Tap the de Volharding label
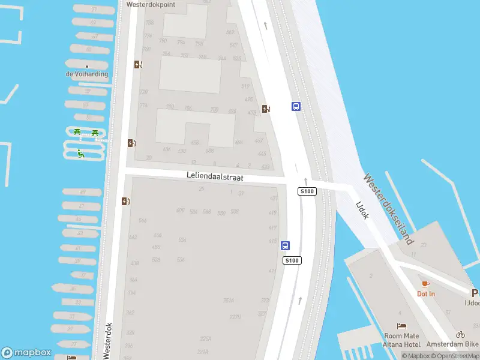click(87, 74)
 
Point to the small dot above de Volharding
click(87, 66)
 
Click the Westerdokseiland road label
click(389, 209)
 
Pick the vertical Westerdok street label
click(109, 340)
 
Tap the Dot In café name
click(426, 293)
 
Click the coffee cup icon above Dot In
click(425, 284)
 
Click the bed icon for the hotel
click(401, 326)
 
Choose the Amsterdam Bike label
click(452, 344)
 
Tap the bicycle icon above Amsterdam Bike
click(460, 334)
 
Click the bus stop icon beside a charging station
click(296, 107)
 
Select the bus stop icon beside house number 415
click(286, 245)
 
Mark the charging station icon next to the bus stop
click(266, 109)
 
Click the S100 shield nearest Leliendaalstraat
click(307, 191)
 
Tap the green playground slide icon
click(80, 154)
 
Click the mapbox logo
click(26, 353)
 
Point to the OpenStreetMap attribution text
click(455, 356)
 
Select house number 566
click(143, 221)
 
